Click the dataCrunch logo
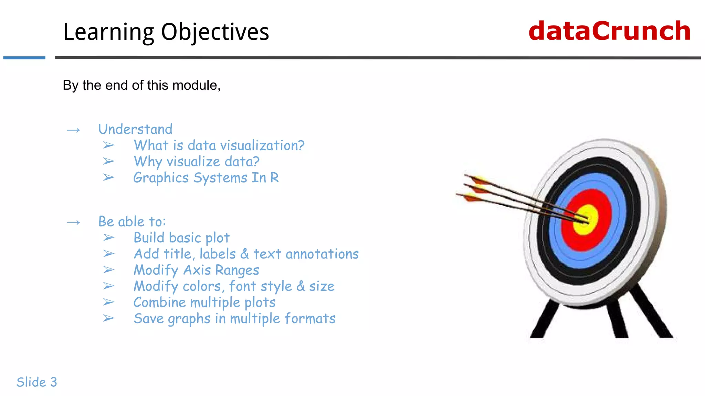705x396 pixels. pos(609,31)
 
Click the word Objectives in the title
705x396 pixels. pos(215,32)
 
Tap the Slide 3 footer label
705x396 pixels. pos(37,382)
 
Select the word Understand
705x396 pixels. pos(135,129)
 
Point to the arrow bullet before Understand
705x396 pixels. pos(73,130)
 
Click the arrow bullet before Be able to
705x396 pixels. pos(73,223)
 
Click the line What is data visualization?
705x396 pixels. pos(219,145)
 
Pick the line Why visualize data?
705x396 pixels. pos(196,162)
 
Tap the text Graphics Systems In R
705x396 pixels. pos(206,178)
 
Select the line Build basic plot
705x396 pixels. pos(181,238)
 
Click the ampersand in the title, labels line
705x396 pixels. pos(244,254)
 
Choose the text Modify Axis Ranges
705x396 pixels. pos(196,270)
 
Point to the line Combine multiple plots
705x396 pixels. pos(204,302)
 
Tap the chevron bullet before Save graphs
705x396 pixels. pos(108,318)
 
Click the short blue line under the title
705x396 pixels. pos(24,58)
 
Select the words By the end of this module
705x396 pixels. pos(141,85)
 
